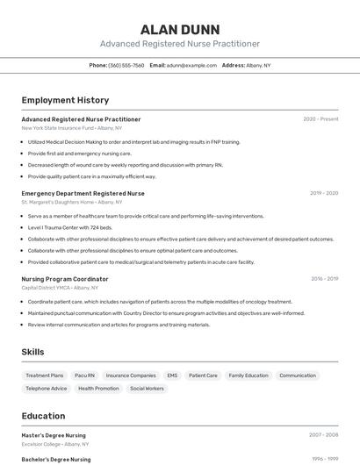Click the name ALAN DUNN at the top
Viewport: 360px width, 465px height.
180,29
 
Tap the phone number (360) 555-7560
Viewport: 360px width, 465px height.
126,65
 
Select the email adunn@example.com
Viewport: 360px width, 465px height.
190,65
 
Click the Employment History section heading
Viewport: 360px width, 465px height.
65,100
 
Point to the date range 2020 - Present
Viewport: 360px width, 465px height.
320,119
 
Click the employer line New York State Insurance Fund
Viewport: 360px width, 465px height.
57,128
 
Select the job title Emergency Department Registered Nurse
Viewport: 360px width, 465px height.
83,193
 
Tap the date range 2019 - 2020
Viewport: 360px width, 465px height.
324,193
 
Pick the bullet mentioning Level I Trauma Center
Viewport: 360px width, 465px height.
70,227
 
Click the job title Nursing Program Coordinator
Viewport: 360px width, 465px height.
65,279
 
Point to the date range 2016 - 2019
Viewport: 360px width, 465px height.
324,279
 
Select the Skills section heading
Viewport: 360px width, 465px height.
33,352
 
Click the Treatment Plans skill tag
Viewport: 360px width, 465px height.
45,376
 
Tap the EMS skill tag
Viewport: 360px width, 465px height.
172,376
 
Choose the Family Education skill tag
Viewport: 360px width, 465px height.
248,376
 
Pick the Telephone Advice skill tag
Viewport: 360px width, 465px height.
47,388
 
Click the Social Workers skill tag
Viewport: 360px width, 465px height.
147,388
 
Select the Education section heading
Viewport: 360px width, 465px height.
43,416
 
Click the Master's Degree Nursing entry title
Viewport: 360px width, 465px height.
54,434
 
